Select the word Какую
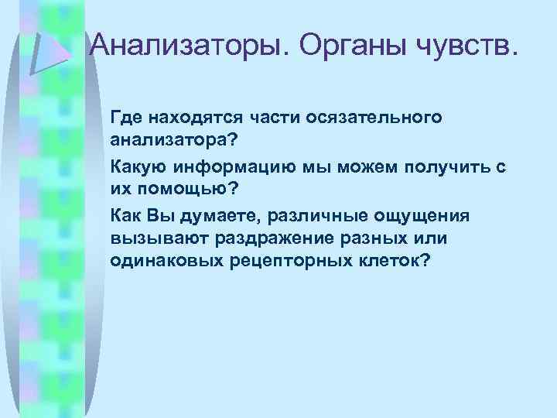click(x=140, y=166)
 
